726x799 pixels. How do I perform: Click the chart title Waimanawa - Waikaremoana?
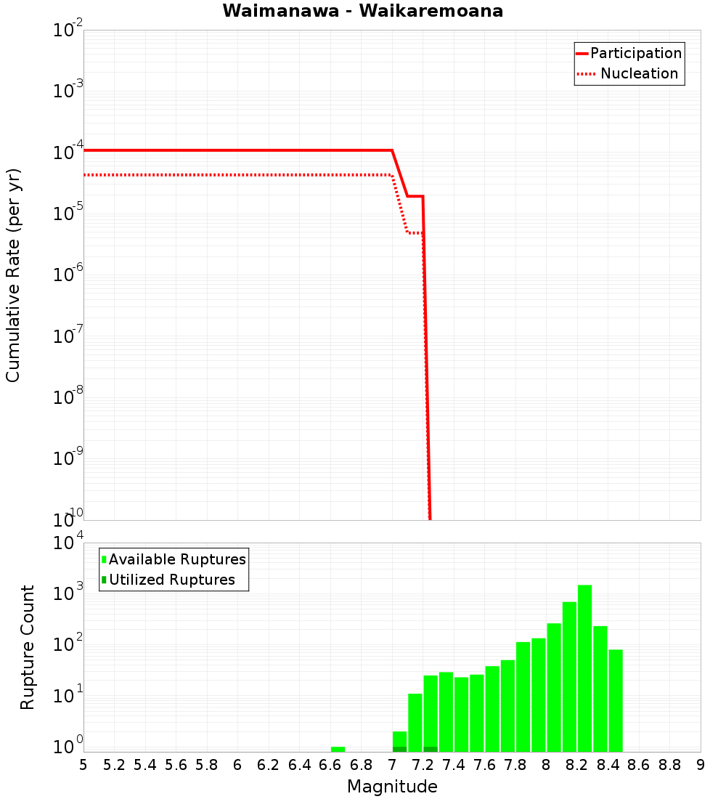tap(362, 11)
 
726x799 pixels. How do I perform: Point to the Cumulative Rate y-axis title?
tap(13, 275)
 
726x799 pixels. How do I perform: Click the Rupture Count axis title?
tap(28, 647)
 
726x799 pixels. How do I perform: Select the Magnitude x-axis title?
tap(392, 787)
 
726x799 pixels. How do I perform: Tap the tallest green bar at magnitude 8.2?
tap(585, 668)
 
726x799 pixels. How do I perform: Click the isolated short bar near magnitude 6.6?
tap(338, 749)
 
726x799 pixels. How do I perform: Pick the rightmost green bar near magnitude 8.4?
tap(616, 700)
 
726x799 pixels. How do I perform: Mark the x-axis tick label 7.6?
tap(484, 765)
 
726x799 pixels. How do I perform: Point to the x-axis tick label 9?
tap(701, 765)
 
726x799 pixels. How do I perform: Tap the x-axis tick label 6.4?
tap(299, 765)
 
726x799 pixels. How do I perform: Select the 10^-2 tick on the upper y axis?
tap(68, 31)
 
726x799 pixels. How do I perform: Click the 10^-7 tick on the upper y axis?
tap(68, 336)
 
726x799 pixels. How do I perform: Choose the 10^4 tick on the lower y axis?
tap(68, 543)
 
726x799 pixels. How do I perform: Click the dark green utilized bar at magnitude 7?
tap(399, 749)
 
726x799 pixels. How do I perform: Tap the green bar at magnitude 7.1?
tap(415, 723)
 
